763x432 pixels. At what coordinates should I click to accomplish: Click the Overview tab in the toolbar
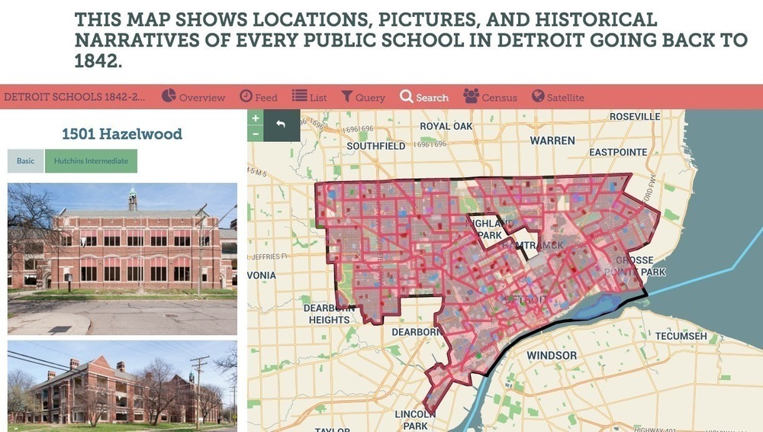tap(194, 97)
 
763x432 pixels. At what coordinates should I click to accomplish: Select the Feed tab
tap(259, 97)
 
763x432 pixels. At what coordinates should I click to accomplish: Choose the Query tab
tap(363, 97)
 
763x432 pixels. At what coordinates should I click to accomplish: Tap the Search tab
tap(424, 97)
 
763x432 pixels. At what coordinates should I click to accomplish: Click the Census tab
tap(490, 97)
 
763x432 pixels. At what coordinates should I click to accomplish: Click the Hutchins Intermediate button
tap(91, 161)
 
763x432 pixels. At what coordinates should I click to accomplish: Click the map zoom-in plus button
tap(256, 118)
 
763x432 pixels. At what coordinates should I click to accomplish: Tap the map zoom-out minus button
tap(256, 134)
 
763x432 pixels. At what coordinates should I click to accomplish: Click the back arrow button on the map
tap(281, 124)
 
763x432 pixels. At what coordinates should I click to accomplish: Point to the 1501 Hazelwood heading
tap(122, 134)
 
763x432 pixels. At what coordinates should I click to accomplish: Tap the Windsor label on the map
tap(551, 356)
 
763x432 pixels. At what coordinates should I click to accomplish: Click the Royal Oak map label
tap(446, 126)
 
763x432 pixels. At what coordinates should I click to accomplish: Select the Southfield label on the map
tap(375, 145)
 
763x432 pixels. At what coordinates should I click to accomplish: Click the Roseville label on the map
tap(635, 117)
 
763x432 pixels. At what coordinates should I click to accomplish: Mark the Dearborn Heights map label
tap(330, 314)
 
